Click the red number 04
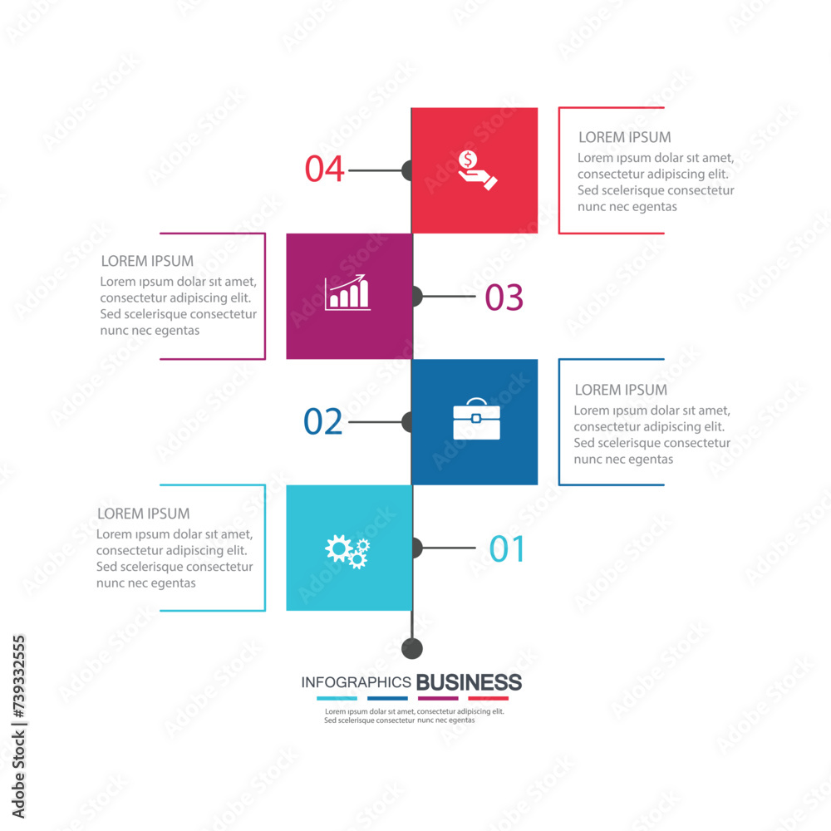point(324,169)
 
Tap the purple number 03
point(504,297)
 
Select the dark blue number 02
point(322,422)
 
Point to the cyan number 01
point(507,548)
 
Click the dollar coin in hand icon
point(477,170)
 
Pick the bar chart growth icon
point(347,292)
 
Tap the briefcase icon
point(476,419)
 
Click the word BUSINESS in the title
point(469,682)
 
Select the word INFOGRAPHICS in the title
point(356,682)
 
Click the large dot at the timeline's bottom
point(412,648)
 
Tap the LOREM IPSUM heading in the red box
point(625,138)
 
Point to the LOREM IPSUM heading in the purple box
point(147,261)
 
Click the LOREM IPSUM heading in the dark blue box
point(621,390)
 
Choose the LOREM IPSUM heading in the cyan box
point(144,514)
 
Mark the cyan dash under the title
point(337,699)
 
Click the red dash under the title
point(488,699)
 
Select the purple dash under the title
point(438,699)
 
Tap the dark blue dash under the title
point(387,699)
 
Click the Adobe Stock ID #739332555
point(18,677)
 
